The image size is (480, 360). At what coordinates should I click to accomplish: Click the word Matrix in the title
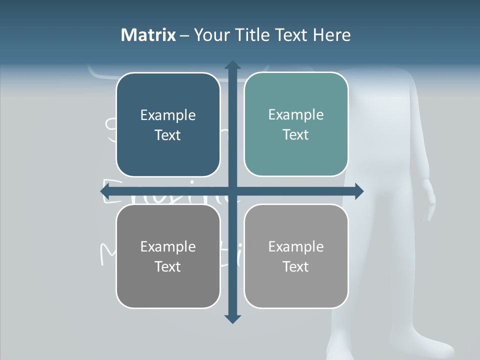(x=148, y=35)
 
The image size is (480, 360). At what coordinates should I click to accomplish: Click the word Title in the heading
(x=254, y=35)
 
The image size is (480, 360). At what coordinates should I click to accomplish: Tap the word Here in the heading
(x=331, y=35)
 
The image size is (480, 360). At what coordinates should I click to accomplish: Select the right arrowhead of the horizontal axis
(x=358, y=191)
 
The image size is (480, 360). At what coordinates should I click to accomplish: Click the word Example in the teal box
(x=296, y=114)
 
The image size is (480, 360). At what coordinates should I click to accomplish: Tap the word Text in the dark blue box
(x=167, y=135)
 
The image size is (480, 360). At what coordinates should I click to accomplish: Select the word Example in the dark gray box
(x=168, y=246)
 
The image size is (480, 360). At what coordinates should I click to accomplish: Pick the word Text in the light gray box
(x=295, y=266)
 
